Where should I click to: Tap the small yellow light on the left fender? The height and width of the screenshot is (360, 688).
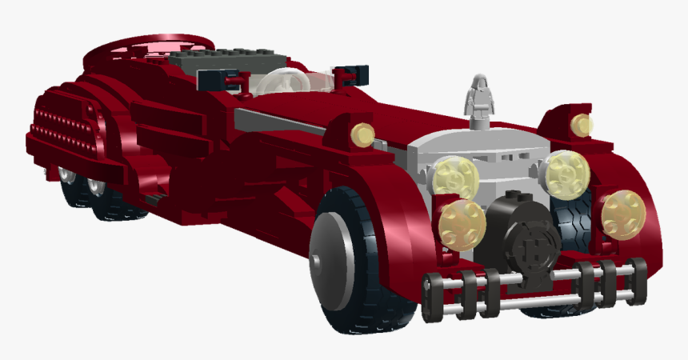click(x=363, y=134)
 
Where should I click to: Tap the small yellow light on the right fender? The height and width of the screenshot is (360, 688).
click(x=582, y=124)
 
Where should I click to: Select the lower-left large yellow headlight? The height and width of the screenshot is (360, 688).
click(x=462, y=223)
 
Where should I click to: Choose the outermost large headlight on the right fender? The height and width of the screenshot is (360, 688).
click(x=623, y=214)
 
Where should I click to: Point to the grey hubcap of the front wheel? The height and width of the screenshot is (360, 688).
click(x=330, y=256)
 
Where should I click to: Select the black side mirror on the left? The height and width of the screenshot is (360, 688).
click(x=214, y=78)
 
